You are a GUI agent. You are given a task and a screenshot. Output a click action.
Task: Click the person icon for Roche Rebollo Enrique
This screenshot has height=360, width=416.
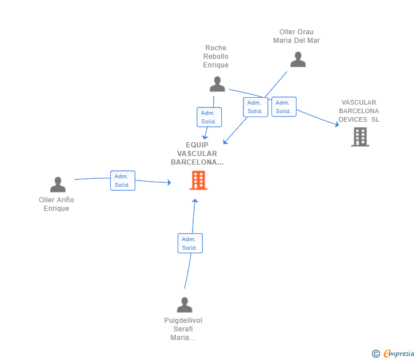[x=217, y=84]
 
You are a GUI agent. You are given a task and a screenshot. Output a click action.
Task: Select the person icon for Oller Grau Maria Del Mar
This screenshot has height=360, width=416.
[x=297, y=59]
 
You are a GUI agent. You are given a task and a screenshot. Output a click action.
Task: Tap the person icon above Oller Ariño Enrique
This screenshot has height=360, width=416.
[x=58, y=185]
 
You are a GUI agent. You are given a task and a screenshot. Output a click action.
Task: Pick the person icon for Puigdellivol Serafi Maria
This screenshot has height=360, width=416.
[x=184, y=305]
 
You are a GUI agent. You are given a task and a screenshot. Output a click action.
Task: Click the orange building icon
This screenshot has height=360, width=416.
[x=198, y=181]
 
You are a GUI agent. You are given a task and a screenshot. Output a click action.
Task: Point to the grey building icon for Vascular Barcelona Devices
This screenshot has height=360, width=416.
[x=360, y=137]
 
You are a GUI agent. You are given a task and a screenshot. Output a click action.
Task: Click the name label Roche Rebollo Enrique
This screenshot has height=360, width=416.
[x=216, y=57]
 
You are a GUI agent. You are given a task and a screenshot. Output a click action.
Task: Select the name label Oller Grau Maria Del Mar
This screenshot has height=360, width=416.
[x=297, y=36]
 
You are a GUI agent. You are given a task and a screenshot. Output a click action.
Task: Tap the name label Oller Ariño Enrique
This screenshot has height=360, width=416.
[x=57, y=204]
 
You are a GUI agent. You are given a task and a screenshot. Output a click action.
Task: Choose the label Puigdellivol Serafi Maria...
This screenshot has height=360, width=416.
[x=183, y=329]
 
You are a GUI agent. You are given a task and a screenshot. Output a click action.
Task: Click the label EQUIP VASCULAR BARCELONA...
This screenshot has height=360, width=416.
[x=197, y=153]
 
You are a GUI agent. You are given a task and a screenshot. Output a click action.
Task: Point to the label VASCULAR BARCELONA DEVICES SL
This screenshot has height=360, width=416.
[x=359, y=111]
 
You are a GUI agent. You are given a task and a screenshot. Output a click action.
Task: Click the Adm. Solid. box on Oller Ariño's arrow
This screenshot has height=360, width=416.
[x=122, y=181]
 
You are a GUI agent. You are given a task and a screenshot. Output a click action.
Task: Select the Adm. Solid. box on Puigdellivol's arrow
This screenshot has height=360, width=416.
[x=190, y=243]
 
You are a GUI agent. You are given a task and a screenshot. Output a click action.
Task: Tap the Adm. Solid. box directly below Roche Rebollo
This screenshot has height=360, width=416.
[x=209, y=117]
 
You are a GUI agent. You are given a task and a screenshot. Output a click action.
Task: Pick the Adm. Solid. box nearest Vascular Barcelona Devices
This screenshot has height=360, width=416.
[x=283, y=107]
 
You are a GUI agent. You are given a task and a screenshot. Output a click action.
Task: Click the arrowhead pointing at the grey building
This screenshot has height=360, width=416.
[x=337, y=124]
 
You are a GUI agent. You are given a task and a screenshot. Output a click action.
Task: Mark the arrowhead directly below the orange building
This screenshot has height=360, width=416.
[x=195, y=201]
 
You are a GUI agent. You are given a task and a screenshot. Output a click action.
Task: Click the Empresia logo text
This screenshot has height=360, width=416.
[x=399, y=354]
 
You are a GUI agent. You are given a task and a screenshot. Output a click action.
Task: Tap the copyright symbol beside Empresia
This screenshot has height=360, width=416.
[x=376, y=354]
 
